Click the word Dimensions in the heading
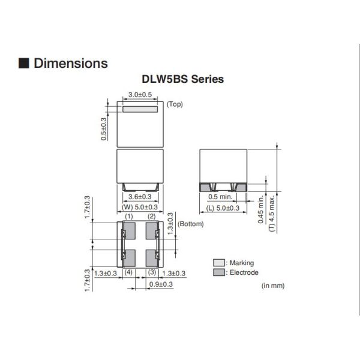point(71,63)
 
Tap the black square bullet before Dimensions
point(24,63)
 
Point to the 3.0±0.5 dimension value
point(140,95)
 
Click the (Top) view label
point(175,104)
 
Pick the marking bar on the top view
point(140,109)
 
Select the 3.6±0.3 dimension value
point(140,196)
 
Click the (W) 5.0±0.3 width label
point(140,207)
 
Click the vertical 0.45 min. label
point(261,210)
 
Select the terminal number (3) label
point(152,272)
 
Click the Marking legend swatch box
point(218,263)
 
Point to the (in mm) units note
point(273,286)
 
